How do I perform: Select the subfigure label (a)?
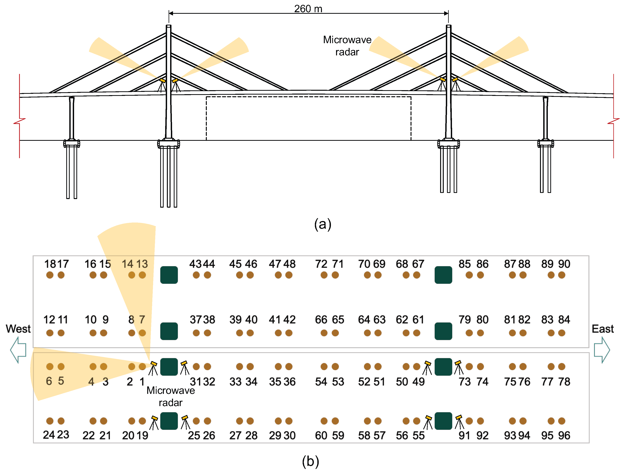click(x=323, y=224)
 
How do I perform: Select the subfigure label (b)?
click(x=310, y=461)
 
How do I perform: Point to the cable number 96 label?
click(x=564, y=435)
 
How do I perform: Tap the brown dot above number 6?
click(x=50, y=367)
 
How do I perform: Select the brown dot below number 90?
click(x=562, y=275)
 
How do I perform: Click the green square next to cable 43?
click(x=169, y=275)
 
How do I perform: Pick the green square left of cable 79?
click(x=443, y=331)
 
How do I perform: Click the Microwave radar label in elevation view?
click(x=347, y=46)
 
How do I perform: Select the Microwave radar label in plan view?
click(x=171, y=396)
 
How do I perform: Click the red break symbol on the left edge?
click(x=19, y=121)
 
